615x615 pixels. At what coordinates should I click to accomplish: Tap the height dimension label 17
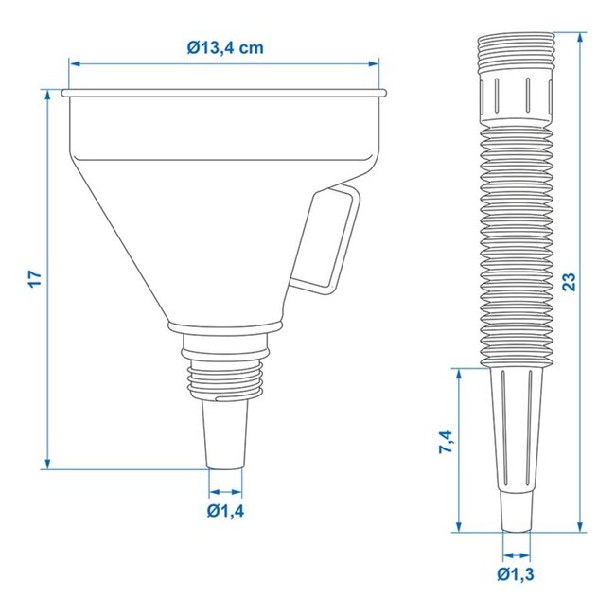tap(35, 278)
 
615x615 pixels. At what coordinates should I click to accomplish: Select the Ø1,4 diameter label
tap(225, 512)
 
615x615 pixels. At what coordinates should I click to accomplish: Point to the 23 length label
tap(569, 281)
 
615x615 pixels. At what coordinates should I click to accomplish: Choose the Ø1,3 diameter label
tap(517, 573)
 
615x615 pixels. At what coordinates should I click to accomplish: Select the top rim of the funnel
tap(224, 93)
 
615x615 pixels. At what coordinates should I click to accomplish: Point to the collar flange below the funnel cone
tap(225, 327)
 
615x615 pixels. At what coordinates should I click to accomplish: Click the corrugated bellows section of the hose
tap(516, 246)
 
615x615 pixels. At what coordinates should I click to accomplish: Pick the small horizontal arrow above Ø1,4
tap(225, 492)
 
